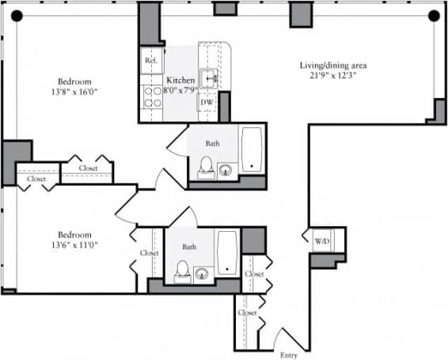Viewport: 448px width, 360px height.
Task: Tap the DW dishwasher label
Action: click(207, 102)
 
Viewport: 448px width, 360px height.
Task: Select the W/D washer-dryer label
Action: click(322, 241)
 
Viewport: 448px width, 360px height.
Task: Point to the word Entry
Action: click(289, 354)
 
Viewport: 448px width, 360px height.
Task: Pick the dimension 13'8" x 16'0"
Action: click(74, 92)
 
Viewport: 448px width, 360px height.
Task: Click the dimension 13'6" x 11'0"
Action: click(75, 245)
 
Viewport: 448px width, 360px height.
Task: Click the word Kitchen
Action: click(180, 80)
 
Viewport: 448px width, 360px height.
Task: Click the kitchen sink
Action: click(210, 78)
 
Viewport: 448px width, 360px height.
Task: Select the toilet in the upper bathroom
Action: click(206, 166)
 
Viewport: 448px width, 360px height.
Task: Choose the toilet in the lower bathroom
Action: click(181, 271)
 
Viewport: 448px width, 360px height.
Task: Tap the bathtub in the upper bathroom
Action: click(252, 149)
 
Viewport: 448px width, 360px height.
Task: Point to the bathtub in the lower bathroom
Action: click(227, 253)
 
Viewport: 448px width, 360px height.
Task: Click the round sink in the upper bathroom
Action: click(226, 169)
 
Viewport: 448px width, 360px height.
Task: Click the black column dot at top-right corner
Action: click(433, 15)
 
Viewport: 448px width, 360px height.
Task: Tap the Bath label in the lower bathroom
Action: click(189, 247)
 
